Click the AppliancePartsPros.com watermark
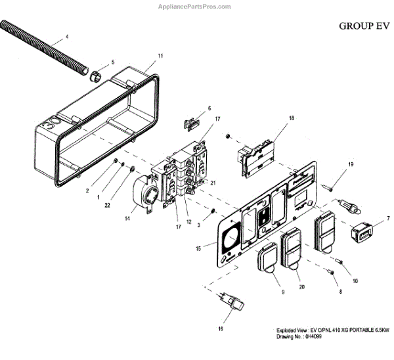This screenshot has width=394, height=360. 196,7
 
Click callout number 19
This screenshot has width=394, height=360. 351,164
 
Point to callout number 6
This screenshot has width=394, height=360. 209,108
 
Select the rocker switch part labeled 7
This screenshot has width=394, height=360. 362,232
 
